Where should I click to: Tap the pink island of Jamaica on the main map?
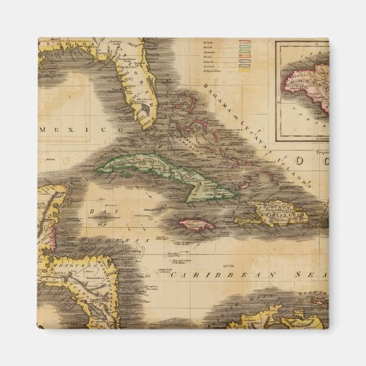196,223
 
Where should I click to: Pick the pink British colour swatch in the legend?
244,42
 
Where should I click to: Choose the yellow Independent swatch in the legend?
244,71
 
